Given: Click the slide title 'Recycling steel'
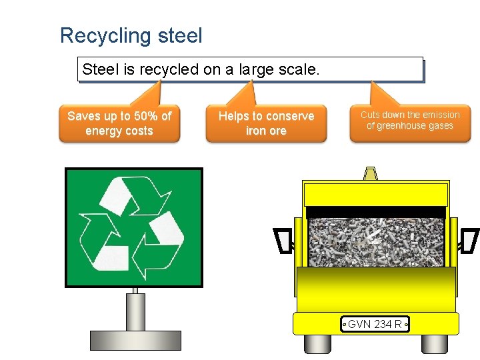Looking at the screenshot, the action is tap(131, 35).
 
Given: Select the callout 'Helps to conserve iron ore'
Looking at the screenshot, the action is tap(266, 123).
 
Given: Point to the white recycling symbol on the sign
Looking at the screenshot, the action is tap(133, 227).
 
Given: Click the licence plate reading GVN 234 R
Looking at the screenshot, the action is tap(374, 325).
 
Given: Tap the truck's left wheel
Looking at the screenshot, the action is tap(317, 343).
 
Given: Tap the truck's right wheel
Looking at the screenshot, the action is tap(435, 343).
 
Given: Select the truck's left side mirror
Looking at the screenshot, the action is tap(284, 241).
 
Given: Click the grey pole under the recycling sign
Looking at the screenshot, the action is tap(135, 309).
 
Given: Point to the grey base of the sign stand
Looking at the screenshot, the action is tap(135, 339).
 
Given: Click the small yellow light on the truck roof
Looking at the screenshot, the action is tap(370, 173).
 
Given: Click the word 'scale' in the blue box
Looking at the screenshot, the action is tap(301, 69).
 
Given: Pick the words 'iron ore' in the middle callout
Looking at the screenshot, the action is tap(266, 131).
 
